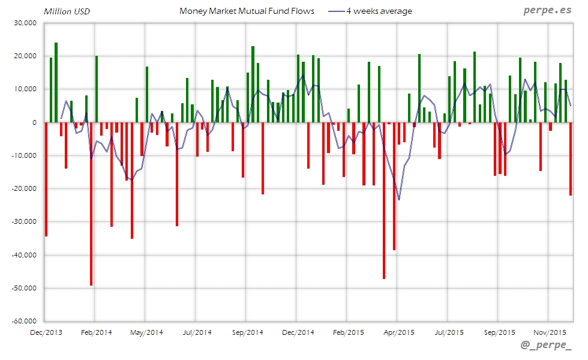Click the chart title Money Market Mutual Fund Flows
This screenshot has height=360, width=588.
[x=247, y=11]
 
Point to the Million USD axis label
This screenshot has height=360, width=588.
[x=67, y=11]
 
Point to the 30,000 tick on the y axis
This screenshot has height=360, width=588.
[x=25, y=23]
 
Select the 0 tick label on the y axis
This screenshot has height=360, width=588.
[x=35, y=122]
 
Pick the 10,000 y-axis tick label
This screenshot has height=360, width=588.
[x=25, y=89]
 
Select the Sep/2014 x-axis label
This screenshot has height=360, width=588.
[x=247, y=332]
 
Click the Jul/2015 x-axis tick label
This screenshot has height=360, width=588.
[x=449, y=332]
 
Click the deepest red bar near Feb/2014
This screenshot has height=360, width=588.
[x=91, y=204]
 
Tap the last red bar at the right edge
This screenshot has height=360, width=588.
[x=571, y=158]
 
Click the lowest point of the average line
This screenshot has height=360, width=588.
[x=399, y=199]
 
